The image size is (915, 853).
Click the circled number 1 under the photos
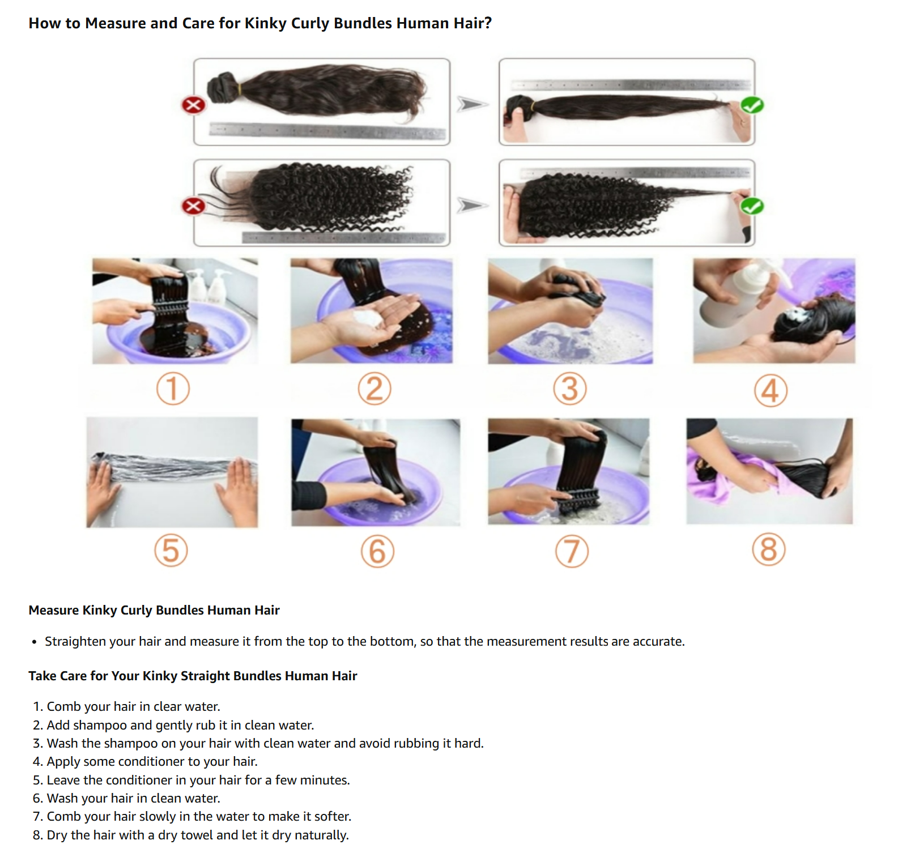pyautogui.click(x=173, y=389)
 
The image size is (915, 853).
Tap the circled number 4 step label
pyautogui.click(x=771, y=390)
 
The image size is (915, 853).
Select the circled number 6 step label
pyautogui.click(x=377, y=552)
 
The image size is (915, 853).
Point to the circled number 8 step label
pyautogui.click(x=769, y=549)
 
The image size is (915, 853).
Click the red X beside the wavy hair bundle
pyautogui.click(x=193, y=105)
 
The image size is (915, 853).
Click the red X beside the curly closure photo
pyautogui.click(x=193, y=206)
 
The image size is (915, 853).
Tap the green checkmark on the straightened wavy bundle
pyautogui.click(x=752, y=105)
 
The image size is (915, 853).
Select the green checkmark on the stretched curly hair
pyautogui.click(x=752, y=206)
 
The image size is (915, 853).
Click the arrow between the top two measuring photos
pyautogui.click(x=473, y=104)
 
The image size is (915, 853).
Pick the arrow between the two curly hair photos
pyautogui.click(x=473, y=205)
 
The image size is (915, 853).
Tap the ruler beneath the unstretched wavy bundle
pyautogui.click(x=327, y=131)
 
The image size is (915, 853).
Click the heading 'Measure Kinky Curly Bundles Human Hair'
pyautogui.click(x=154, y=610)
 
